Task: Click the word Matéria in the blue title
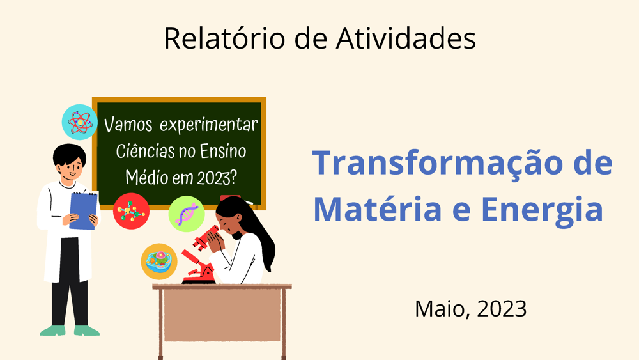point(378,208)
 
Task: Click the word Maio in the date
point(439,309)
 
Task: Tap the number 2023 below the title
point(502,309)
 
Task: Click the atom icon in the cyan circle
point(80,122)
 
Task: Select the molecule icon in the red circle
point(131,211)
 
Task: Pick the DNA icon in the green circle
point(187,214)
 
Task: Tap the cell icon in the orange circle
point(159,262)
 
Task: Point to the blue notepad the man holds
point(84,210)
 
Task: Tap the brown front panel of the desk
point(222,315)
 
